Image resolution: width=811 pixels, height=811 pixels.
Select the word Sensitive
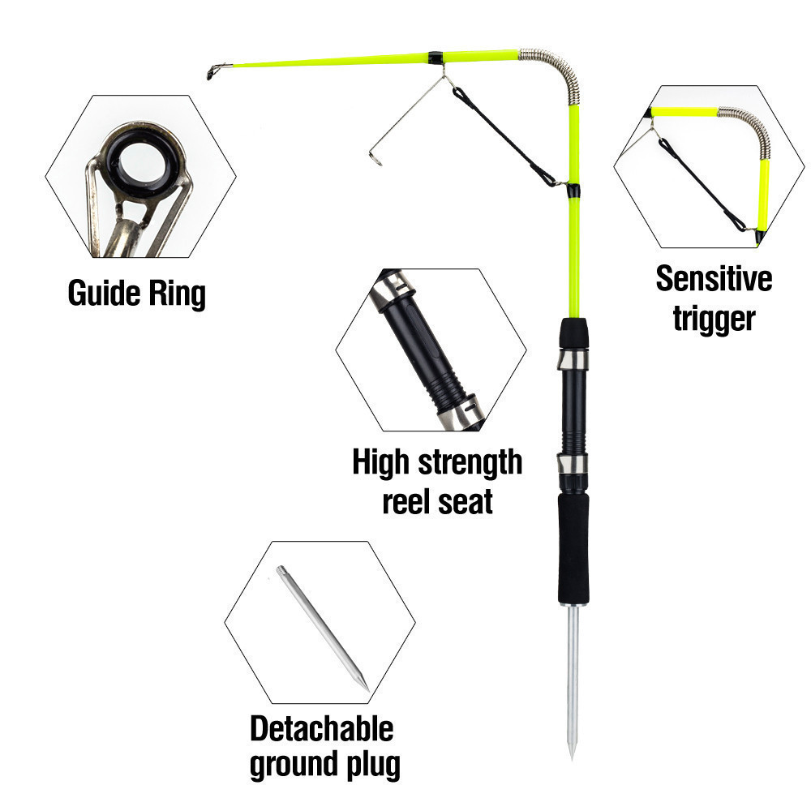[714, 279]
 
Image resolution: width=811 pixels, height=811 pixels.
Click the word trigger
[714, 318]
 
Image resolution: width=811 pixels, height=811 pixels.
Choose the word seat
[465, 501]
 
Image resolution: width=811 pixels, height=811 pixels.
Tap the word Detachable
[321, 727]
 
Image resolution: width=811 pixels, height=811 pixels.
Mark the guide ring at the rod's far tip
[213, 71]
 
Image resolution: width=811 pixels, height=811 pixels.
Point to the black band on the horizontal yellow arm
[436, 58]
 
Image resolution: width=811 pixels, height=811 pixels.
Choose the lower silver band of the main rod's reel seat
[573, 466]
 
